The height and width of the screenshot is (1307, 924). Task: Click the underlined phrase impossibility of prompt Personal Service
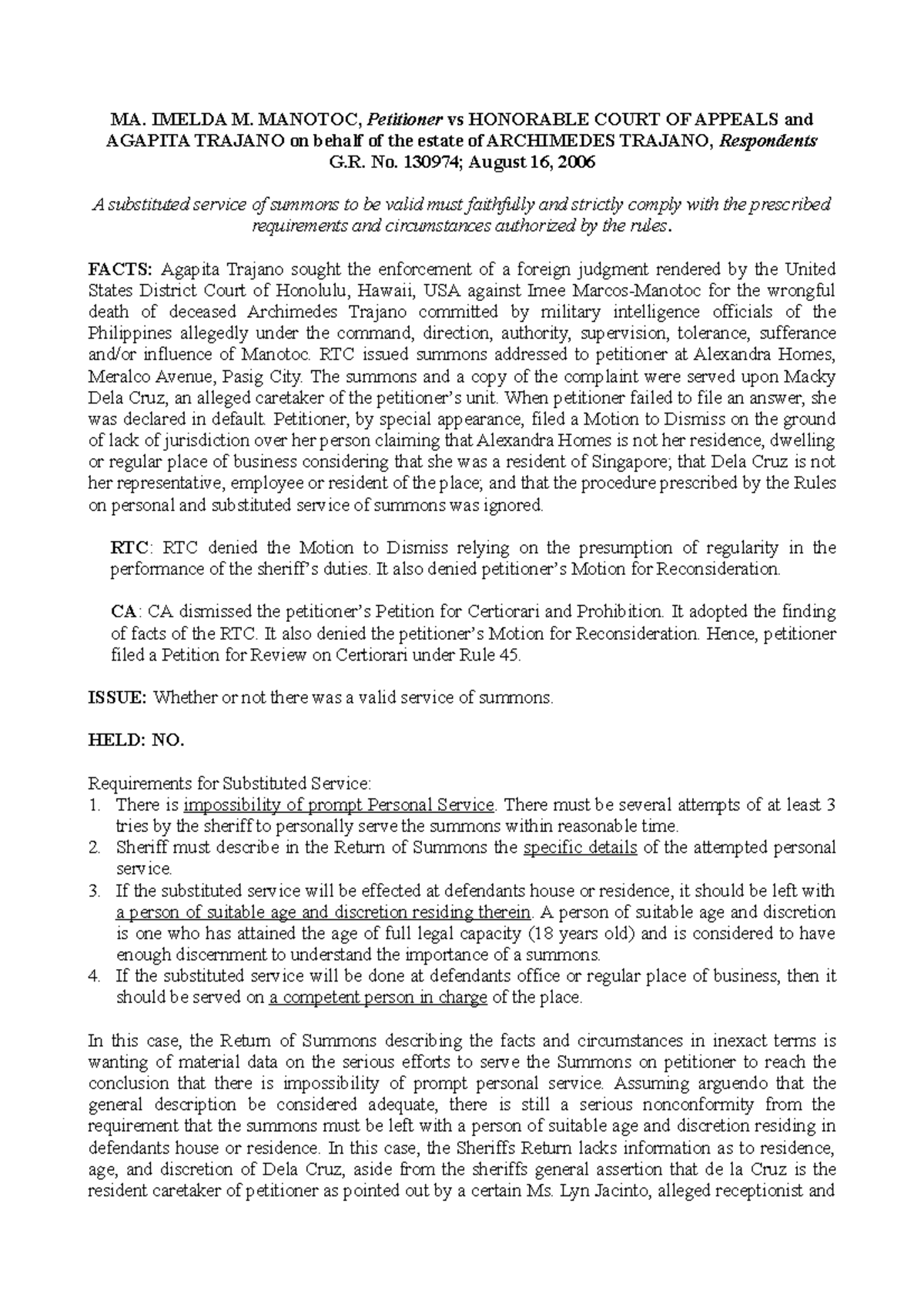coord(339,805)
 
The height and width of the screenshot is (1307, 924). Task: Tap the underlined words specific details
coord(580,848)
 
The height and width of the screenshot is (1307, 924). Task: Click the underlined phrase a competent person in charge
coord(379,998)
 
